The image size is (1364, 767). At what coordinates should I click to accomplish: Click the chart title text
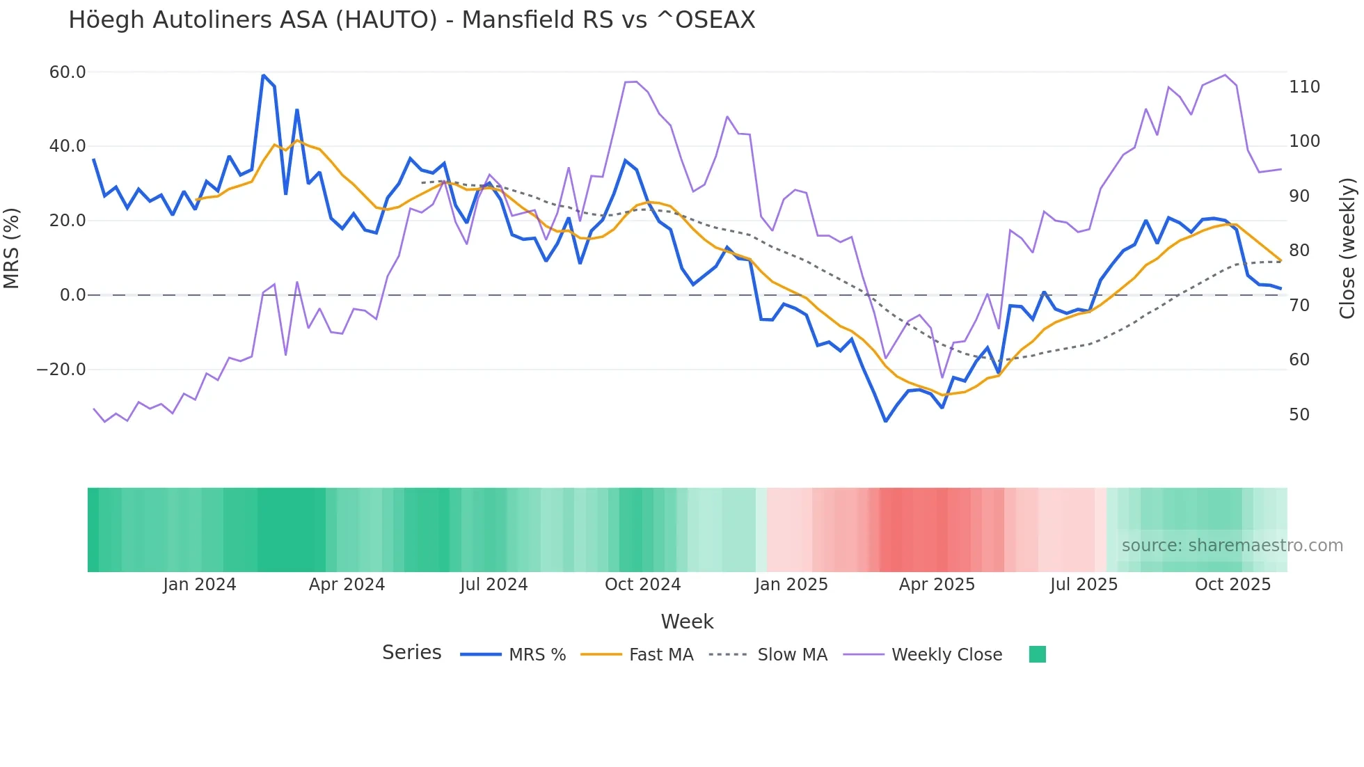(411, 20)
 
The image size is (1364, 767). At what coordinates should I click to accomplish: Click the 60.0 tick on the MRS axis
(68, 72)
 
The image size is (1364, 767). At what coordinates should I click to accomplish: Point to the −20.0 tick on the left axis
(61, 370)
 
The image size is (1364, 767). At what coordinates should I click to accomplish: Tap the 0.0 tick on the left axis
(72, 295)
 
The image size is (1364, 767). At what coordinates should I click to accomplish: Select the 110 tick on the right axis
(1304, 87)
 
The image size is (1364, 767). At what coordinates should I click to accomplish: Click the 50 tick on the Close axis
(1299, 415)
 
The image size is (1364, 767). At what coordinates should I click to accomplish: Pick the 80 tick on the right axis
(1299, 251)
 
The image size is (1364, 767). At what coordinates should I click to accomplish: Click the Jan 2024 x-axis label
(200, 585)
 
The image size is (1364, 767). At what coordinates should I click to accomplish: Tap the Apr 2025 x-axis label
(937, 585)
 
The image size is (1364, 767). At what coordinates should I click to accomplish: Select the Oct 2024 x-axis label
(642, 585)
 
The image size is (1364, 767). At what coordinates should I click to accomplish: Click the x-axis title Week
(687, 622)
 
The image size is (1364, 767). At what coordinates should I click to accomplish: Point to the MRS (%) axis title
(12, 248)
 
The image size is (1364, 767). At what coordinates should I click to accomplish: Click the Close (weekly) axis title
(1347, 248)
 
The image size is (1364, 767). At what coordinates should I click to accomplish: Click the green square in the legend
(1037, 654)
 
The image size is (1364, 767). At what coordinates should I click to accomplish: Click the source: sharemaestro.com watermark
(1232, 546)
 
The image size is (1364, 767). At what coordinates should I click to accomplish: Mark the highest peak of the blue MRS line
(263, 75)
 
